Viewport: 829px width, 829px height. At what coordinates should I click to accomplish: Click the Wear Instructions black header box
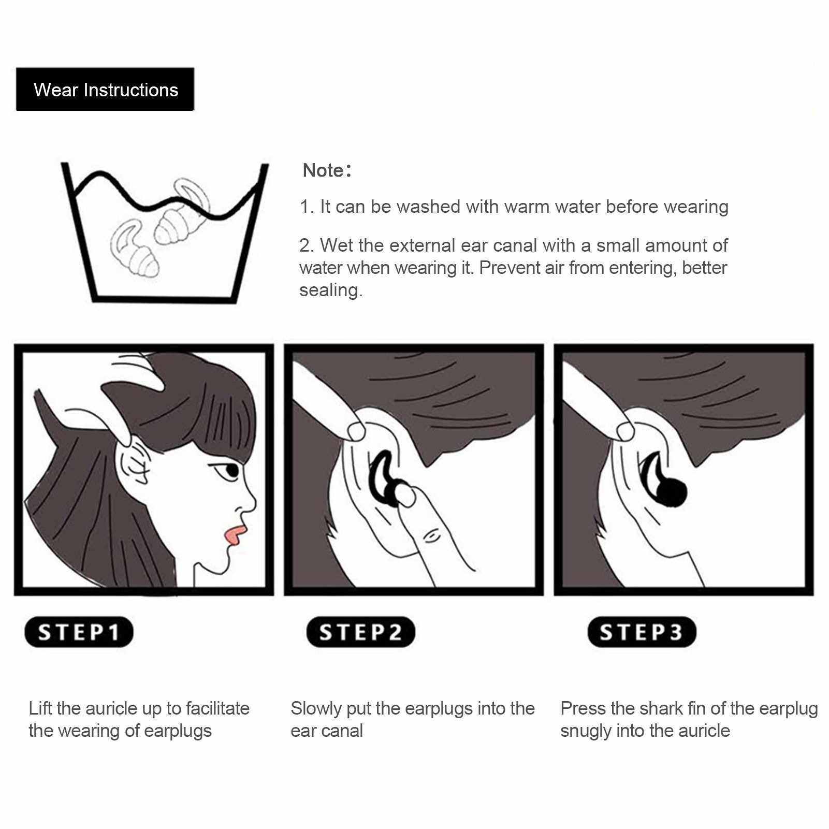pyautogui.click(x=105, y=89)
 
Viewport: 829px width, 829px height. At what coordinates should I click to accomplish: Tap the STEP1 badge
pyautogui.click(x=79, y=632)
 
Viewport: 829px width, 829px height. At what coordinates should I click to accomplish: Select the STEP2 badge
pyautogui.click(x=360, y=632)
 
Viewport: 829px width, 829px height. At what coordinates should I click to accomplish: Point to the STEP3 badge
pyautogui.click(x=642, y=632)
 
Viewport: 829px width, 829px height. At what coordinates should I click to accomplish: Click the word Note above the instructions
pyautogui.click(x=323, y=170)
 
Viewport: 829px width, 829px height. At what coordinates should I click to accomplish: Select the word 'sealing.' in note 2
pyautogui.click(x=331, y=290)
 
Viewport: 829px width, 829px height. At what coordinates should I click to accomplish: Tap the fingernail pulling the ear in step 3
pyautogui.click(x=625, y=431)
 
